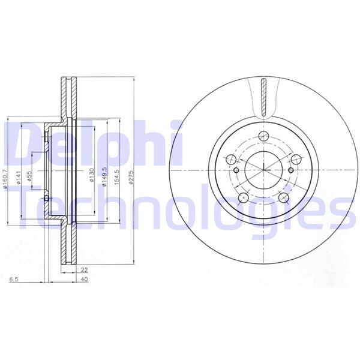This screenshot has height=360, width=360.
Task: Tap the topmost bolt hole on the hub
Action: pos(265,136)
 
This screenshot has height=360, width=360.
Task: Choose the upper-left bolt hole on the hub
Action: pos(231,159)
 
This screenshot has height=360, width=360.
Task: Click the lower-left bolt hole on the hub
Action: pos(244,199)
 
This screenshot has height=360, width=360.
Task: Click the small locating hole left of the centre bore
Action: pos(237,170)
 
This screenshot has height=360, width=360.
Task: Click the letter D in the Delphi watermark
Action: pos(21,142)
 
